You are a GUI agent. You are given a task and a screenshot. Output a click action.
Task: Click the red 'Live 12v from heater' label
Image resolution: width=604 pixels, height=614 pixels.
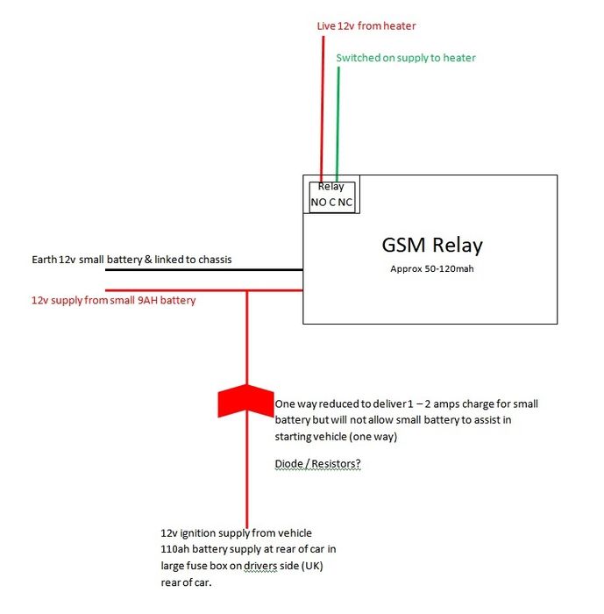pos(366,26)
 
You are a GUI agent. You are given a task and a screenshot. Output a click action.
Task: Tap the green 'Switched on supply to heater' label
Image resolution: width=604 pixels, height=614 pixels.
pos(406,58)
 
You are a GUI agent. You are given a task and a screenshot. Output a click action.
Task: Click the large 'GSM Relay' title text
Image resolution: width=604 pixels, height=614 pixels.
pos(432,246)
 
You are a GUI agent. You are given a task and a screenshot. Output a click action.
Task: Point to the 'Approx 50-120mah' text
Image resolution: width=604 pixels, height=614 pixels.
pos(432,269)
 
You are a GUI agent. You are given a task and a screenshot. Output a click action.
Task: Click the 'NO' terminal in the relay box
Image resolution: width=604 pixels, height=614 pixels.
pos(318,203)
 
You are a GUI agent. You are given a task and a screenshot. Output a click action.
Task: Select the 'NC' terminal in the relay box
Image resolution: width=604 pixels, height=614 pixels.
pos(345,203)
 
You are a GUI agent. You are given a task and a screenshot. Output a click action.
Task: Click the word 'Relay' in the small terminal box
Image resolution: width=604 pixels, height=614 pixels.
pos(330,187)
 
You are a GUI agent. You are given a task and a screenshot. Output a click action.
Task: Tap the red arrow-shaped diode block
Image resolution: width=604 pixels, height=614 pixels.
pos(245,400)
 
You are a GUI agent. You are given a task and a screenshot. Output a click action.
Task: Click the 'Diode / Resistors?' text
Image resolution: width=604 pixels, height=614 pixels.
pos(317,464)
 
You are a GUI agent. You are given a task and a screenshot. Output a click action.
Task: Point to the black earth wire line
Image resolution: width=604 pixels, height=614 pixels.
pos(204,270)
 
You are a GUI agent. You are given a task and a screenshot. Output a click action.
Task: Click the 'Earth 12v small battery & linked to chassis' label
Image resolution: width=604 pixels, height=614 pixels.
pos(131,260)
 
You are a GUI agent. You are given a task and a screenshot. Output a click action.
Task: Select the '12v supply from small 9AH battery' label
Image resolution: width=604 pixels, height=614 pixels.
pos(113,300)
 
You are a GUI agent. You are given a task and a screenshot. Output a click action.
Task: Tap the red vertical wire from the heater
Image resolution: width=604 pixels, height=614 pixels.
pos(323,110)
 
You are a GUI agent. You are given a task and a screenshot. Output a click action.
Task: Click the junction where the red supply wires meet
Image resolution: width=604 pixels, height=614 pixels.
pos(247,290)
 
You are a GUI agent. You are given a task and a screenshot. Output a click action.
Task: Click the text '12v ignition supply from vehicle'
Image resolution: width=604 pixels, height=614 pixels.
pos(236,533)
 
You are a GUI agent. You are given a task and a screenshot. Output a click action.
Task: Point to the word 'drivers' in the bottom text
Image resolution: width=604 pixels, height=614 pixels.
pos(260,567)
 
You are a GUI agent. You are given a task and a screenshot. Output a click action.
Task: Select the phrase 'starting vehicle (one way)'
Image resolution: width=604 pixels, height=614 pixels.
pos(336,437)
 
